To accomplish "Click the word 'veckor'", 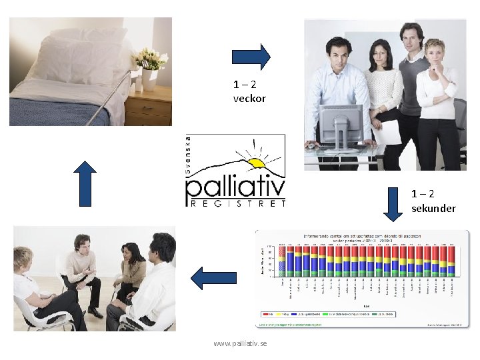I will click(249, 99).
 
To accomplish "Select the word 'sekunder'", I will click(433, 209).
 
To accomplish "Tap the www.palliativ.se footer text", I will click(240, 343).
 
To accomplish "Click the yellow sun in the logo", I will click(257, 162).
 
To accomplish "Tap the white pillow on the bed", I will click(80, 57).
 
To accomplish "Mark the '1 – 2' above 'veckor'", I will click(245, 85).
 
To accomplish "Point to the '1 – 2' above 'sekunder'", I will click(423, 194).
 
